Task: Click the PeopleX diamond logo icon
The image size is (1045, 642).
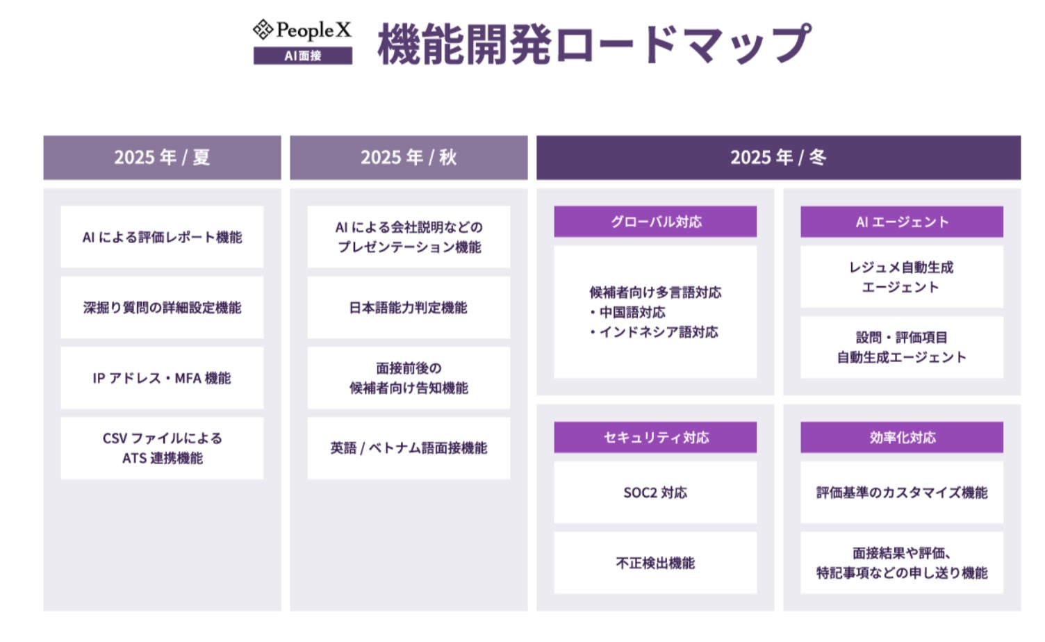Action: (x=263, y=30)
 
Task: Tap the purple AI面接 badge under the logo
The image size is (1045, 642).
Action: (x=303, y=56)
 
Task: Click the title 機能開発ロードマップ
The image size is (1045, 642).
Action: (x=593, y=44)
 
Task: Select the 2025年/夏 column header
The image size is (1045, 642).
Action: (x=162, y=158)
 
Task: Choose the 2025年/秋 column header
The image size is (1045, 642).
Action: (x=409, y=158)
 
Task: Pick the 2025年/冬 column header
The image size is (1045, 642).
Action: (x=778, y=158)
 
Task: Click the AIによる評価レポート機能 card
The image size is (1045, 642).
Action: (x=162, y=237)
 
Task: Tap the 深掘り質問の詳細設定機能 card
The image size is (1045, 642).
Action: (x=162, y=307)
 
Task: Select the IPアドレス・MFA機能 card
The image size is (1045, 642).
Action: (x=162, y=378)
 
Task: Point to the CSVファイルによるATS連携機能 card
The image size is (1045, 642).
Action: (x=162, y=448)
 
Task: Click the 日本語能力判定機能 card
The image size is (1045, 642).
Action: (x=409, y=307)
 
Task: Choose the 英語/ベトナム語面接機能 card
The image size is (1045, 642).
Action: (x=409, y=448)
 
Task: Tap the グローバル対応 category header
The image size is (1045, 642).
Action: (x=655, y=222)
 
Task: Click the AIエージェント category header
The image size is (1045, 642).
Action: (x=902, y=222)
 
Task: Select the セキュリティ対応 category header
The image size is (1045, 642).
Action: (x=655, y=438)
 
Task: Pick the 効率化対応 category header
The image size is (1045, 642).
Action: (x=902, y=438)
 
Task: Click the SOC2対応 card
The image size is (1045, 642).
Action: (x=655, y=493)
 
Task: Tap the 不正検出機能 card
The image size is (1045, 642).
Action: (x=655, y=563)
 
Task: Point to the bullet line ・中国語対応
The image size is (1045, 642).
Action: (x=629, y=313)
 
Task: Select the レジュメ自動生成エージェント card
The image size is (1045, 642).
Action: (x=902, y=277)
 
